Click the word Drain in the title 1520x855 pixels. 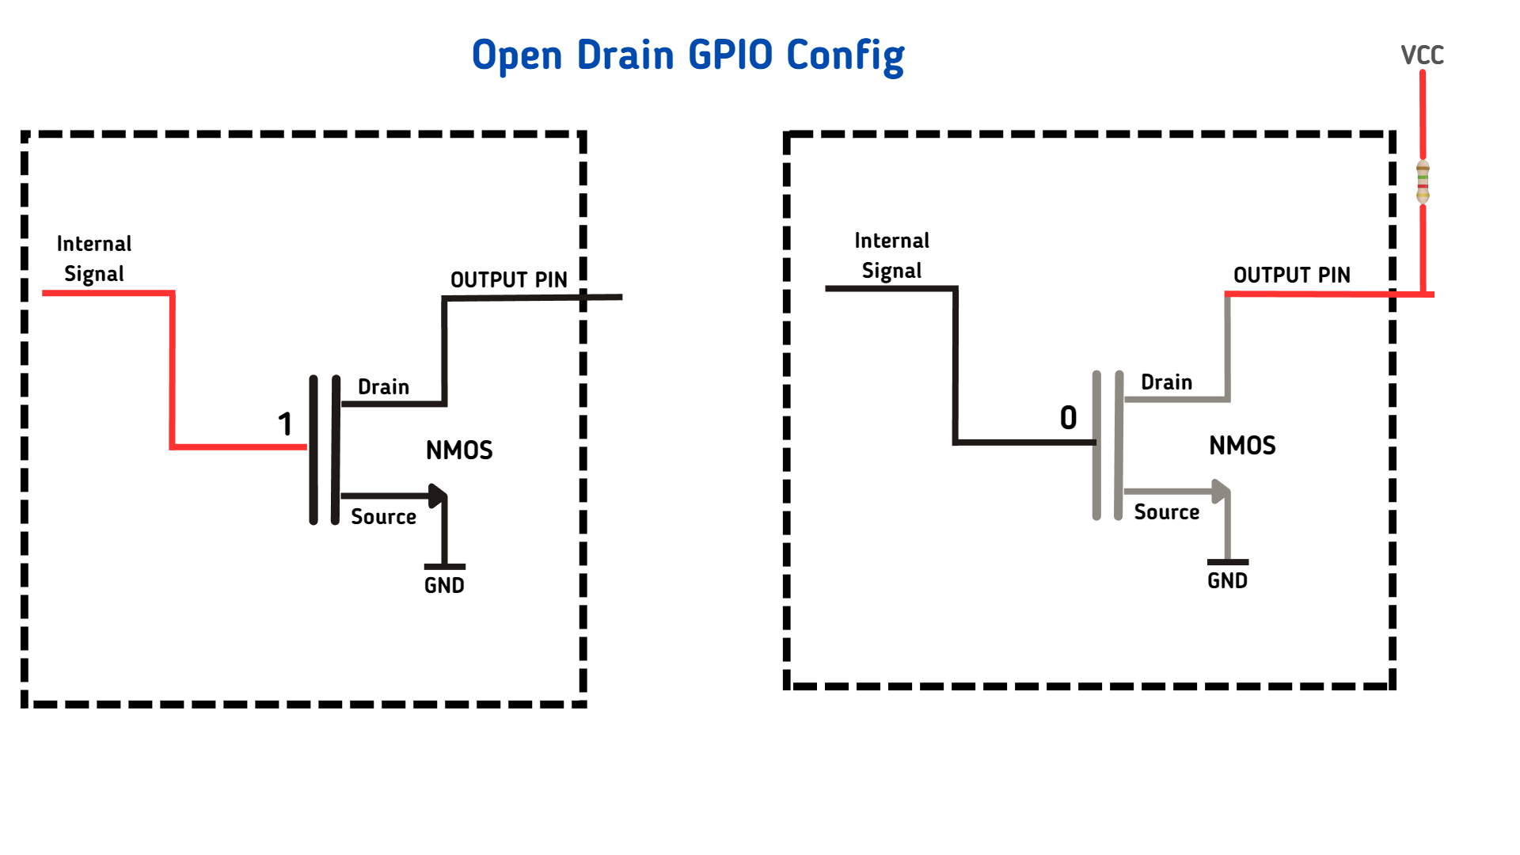tap(625, 55)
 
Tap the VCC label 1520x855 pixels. tap(1422, 55)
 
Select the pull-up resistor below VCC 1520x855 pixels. tap(1423, 182)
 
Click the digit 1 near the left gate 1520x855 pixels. tap(285, 424)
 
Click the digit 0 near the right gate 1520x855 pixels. tap(1068, 418)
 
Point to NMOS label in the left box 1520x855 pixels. tap(459, 450)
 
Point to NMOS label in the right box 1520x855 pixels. tap(1242, 446)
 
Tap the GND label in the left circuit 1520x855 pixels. tap(444, 586)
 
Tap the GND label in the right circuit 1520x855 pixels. tap(1227, 581)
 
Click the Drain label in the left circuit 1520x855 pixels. tap(383, 387)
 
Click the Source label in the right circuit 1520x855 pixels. tap(1166, 512)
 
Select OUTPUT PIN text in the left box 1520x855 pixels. tap(508, 280)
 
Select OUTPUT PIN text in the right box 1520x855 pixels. tap(1291, 275)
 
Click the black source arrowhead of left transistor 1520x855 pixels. tap(436, 496)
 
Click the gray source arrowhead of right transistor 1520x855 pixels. tap(1220, 491)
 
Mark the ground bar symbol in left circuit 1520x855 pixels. tap(444, 567)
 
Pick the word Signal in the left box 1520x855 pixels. tap(93, 274)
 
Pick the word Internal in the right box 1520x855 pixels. tap(891, 241)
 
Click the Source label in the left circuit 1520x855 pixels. tap(383, 517)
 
